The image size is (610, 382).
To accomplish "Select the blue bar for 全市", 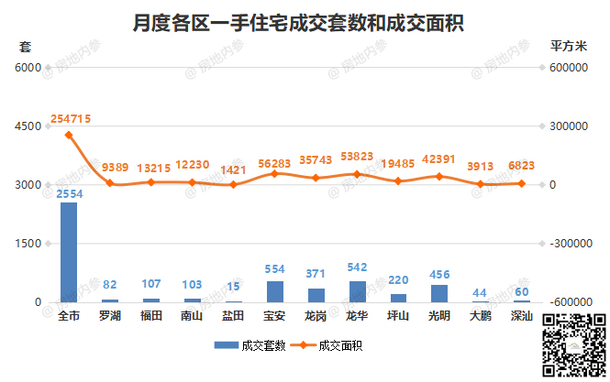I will pyautogui.click(x=69, y=252).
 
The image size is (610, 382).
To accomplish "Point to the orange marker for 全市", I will pyautogui.click(x=69, y=135).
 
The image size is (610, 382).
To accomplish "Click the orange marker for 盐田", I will pyautogui.click(x=233, y=185).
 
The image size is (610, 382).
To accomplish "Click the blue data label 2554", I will pyautogui.click(x=69, y=194).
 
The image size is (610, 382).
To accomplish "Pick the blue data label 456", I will pyautogui.click(x=439, y=275).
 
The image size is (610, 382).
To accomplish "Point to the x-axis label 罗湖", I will pyautogui.click(x=110, y=316).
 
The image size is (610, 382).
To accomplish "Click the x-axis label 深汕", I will pyautogui.click(x=521, y=316).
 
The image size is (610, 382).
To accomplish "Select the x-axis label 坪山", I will pyautogui.click(x=398, y=316).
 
